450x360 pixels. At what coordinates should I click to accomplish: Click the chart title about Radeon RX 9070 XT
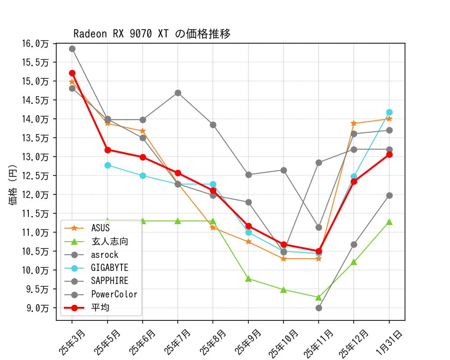[x=152, y=34]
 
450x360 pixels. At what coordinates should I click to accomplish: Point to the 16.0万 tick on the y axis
[x=35, y=43]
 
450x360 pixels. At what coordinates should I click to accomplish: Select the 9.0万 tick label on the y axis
[x=37, y=308]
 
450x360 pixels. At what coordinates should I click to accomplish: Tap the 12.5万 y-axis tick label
[x=35, y=175]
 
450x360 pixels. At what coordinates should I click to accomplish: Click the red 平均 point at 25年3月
[x=72, y=73]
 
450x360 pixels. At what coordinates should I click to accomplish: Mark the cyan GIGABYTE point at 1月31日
[x=389, y=112]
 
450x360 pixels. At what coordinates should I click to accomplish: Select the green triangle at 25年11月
[x=319, y=297]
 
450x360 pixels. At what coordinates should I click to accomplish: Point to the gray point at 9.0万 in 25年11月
[x=319, y=308]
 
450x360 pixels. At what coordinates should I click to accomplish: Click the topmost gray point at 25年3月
[x=72, y=49]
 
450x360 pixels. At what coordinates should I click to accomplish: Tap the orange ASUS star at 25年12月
[x=354, y=123]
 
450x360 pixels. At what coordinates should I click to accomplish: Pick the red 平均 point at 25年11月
[x=319, y=251]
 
